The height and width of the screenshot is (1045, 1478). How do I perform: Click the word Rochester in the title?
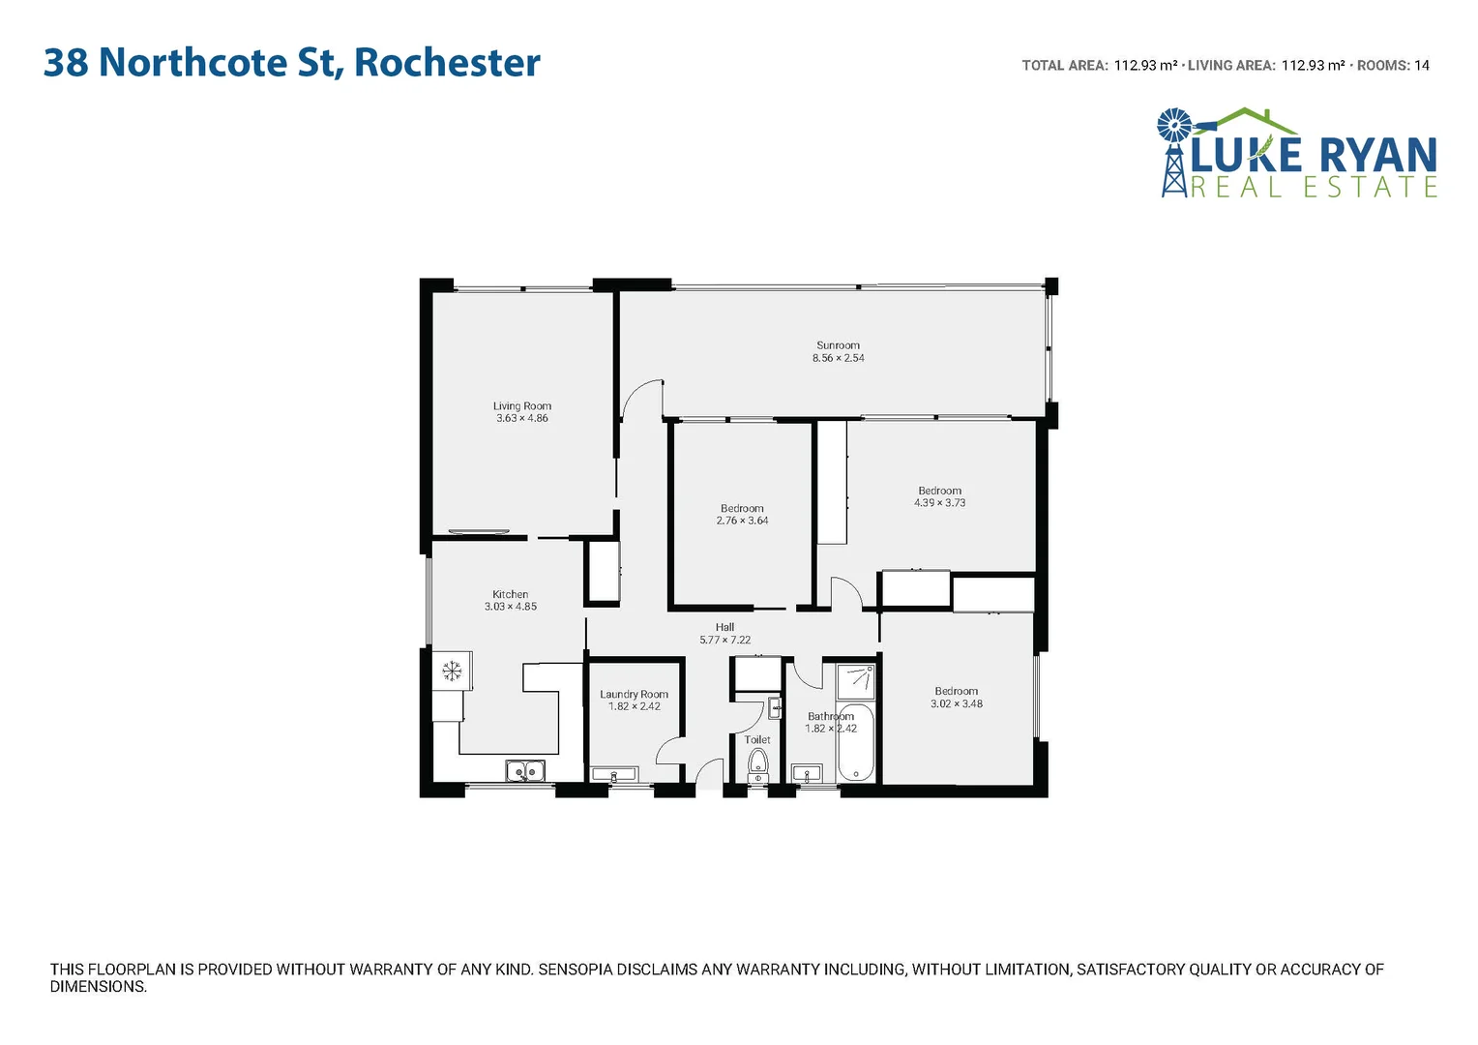pyautogui.click(x=447, y=63)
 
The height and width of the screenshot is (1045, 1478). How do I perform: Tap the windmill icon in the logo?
pyautogui.click(x=1175, y=126)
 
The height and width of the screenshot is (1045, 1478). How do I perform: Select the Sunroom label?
pyautogui.click(x=838, y=345)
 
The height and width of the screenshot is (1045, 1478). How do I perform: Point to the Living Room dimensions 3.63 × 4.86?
pyautogui.click(x=522, y=419)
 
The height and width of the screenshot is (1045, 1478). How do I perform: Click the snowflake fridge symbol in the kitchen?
pyautogui.click(x=452, y=670)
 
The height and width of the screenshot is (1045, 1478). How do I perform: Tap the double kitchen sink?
pyautogui.click(x=524, y=771)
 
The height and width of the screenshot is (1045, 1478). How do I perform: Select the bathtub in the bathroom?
pyautogui.click(x=856, y=743)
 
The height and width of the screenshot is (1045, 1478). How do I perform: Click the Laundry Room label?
pyautogui.click(x=634, y=695)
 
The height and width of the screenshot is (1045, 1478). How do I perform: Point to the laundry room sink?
pyautogui.click(x=613, y=774)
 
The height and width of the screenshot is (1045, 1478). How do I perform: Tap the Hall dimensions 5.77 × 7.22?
pyautogui.click(x=725, y=641)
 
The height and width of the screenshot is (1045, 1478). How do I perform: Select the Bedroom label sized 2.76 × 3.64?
pyautogui.click(x=742, y=509)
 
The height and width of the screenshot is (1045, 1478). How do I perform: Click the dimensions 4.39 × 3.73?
pyautogui.click(x=940, y=503)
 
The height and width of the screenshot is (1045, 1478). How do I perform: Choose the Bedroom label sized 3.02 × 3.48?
pyautogui.click(x=956, y=692)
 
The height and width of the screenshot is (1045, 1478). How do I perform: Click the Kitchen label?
pyautogui.click(x=511, y=595)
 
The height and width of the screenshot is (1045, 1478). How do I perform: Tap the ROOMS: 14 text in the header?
pyautogui.click(x=1393, y=66)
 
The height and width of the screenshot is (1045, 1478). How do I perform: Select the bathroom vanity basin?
pyautogui.click(x=806, y=773)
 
